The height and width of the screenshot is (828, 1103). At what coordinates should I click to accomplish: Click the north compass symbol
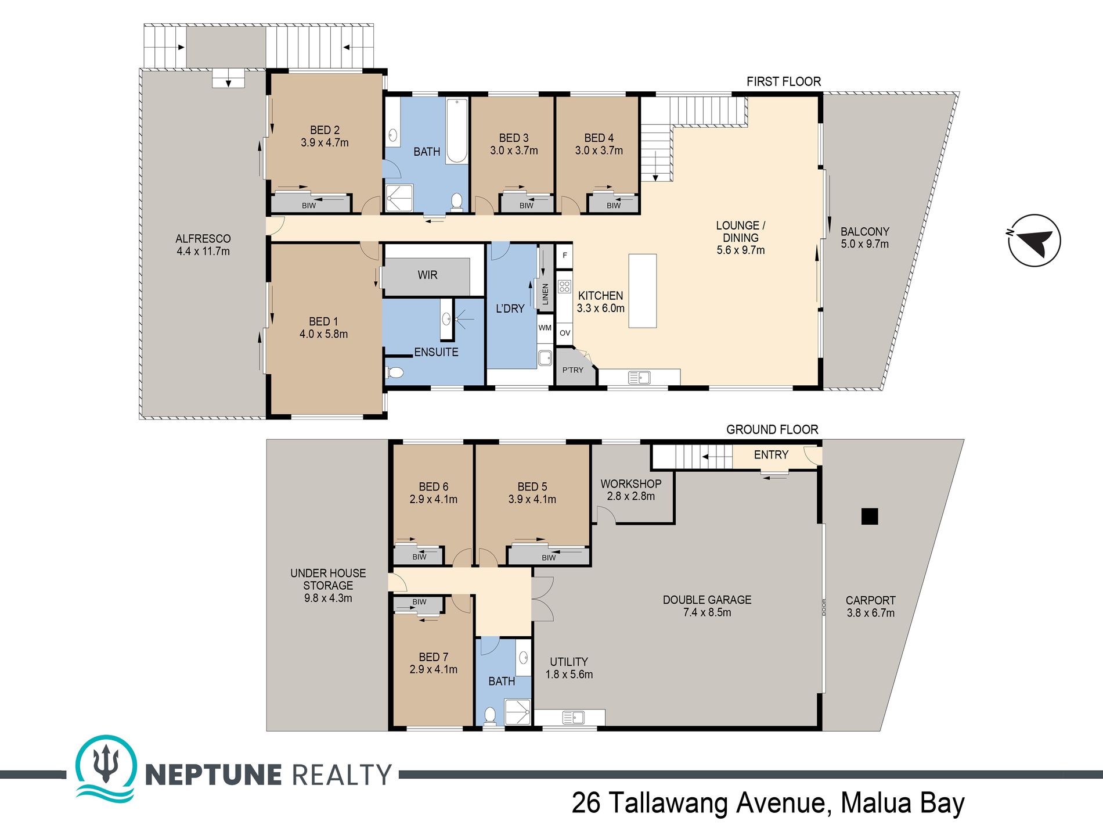pos(1034,240)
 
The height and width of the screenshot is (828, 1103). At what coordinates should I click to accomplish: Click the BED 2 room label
pos(325,130)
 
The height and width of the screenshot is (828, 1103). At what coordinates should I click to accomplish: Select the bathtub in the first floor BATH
pos(457,131)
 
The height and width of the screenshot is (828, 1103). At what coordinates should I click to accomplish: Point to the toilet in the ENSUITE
pos(395,372)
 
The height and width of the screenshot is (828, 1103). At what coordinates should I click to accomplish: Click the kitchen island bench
pos(643,291)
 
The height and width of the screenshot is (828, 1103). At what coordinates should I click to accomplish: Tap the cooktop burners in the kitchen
pos(564,286)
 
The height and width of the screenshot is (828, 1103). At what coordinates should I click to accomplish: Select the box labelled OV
pos(565,333)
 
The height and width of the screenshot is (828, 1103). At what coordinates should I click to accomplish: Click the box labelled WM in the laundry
pos(545,328)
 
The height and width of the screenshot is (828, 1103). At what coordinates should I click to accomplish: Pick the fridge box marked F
pos(564,255)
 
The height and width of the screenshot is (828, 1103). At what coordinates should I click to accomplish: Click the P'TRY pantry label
pos(572,370)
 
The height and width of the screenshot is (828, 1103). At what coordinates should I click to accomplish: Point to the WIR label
pos(427,275)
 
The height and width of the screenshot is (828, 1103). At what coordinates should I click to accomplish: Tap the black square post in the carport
pos(870,516)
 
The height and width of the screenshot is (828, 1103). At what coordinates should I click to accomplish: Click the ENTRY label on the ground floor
pos(771,455)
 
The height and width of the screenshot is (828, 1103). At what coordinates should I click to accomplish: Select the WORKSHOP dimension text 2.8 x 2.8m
pos(630,496)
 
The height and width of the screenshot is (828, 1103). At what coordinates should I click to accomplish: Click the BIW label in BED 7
pos(419,602)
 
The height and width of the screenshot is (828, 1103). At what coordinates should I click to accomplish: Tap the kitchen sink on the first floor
pos(639,378)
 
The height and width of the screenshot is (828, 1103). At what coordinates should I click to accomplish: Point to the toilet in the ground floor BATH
pos(490,715)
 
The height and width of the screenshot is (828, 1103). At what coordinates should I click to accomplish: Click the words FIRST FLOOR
pos(784,81)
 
